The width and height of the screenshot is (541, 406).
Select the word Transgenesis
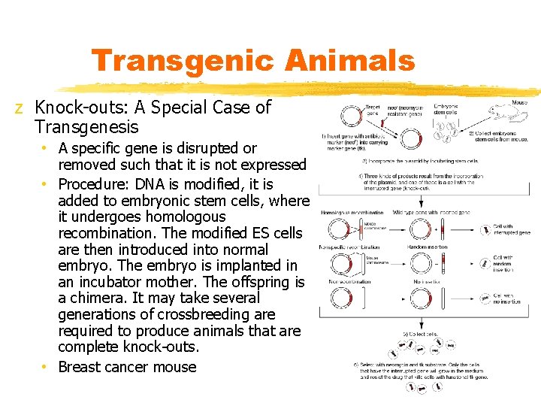pos(86,127)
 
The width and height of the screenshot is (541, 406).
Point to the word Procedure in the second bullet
pos(90,184)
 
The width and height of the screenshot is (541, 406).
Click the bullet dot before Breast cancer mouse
pos(46,367)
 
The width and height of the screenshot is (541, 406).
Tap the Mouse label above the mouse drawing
pos(519,101)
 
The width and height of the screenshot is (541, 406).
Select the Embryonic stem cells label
pos(445,111)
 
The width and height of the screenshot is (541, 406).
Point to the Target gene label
pos(371,111)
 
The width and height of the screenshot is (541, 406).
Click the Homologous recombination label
pos(352,213)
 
